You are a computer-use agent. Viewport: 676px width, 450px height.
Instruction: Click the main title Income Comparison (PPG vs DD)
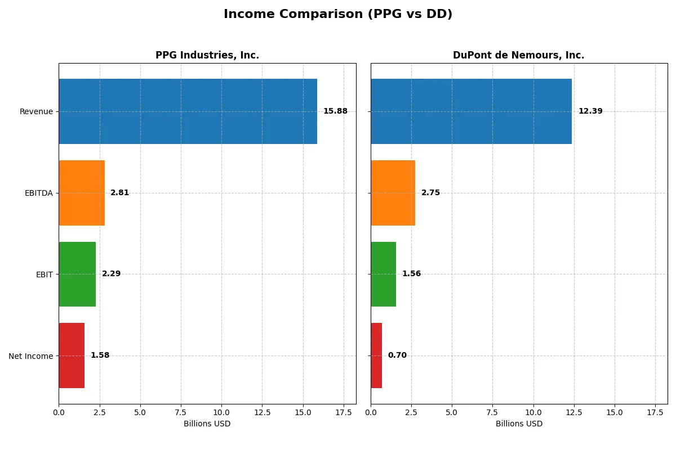click(338, 14)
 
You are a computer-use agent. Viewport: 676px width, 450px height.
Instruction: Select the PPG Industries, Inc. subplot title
click(207, 55)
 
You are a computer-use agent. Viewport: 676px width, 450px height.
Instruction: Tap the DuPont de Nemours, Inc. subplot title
click(518, 55)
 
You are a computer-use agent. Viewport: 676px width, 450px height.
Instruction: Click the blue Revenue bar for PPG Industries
click(188, 111)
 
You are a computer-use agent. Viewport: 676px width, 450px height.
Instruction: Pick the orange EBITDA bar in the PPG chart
click(82, 193)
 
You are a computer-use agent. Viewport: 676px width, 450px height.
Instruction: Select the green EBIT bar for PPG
click(77, 274)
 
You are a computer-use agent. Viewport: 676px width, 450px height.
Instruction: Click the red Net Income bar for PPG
click(72, 355)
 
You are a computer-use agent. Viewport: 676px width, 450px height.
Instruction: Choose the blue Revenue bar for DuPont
click(471, 111)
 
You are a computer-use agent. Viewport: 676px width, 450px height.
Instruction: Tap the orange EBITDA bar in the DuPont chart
click(393, 193)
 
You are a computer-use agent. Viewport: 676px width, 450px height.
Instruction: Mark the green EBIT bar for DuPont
click(383, 274)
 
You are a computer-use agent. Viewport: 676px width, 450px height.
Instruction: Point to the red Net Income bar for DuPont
click(376, 355)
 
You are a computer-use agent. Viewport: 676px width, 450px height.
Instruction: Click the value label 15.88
click(335, 111)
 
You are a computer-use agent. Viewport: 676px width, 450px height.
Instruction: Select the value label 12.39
click(590, 111)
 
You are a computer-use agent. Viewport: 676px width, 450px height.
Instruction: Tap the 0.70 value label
click(397, 355)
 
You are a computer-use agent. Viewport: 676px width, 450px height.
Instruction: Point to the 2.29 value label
click(111, 274)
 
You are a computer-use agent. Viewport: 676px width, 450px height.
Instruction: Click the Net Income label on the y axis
click(31, 356)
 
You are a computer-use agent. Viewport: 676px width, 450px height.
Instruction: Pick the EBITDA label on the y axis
click(39, 193)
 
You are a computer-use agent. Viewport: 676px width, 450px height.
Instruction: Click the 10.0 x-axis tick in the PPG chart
click(221, 412)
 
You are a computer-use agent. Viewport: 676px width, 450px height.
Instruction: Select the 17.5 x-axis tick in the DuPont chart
click(655, 412)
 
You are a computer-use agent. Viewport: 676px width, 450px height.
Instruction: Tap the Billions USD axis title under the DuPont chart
click(519, 424)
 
